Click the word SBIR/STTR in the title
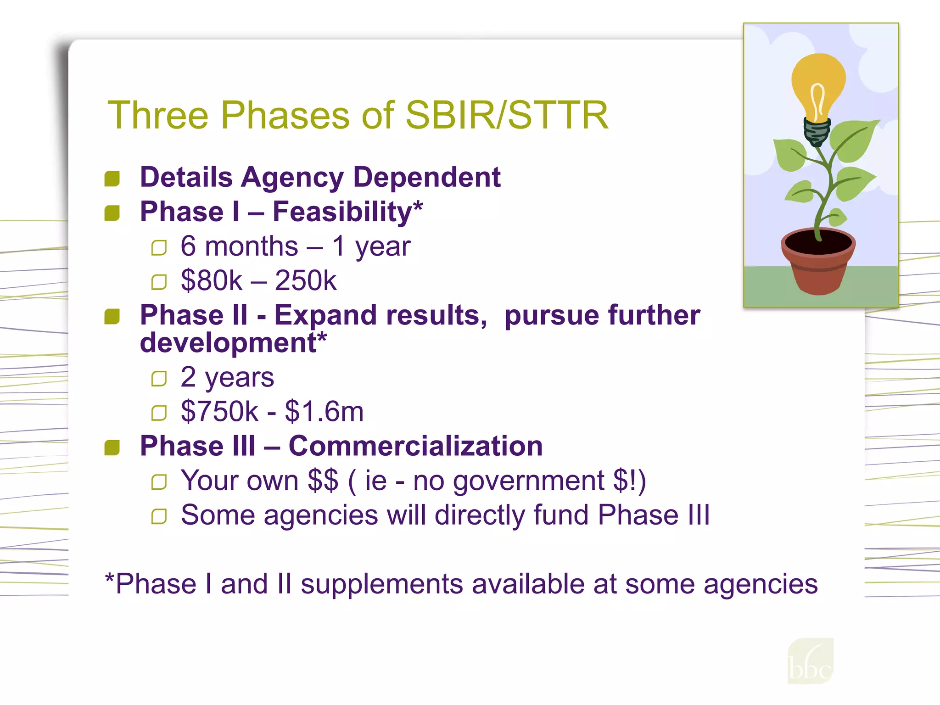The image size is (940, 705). [x=507, y=115]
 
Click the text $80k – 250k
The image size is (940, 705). [x=258, y=280]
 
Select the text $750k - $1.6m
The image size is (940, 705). [x=272, y=411]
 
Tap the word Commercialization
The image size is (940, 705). [x=415, y=446]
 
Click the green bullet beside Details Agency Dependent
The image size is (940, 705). [x=112, y=179]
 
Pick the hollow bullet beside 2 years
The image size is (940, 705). [x=159, y=379]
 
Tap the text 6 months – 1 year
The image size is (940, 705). [x=295, y=246]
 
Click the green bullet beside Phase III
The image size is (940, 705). [x=112, y=448]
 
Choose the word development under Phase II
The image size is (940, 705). [x=228, y=343]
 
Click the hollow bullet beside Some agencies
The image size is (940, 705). [x=159, y=517]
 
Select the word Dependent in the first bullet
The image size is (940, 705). [x=427, y=177]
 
